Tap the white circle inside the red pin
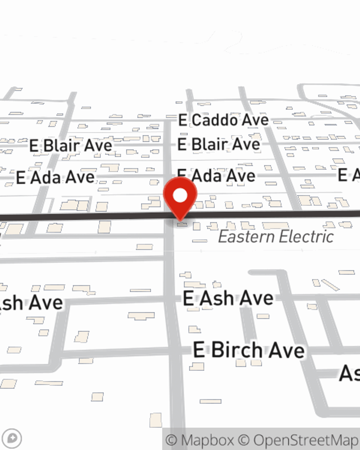180,196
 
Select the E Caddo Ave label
224,120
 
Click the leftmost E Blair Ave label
71,146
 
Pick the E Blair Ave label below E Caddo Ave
219,144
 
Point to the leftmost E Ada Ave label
55,177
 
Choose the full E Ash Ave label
228,298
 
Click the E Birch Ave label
249,350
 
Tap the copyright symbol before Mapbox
172,440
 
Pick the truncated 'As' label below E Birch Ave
350,373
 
